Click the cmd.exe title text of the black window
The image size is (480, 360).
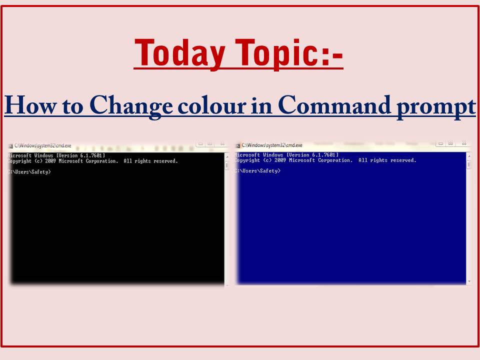[x=42, y=146]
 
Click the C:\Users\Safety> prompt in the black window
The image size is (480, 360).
[x=29, y=172]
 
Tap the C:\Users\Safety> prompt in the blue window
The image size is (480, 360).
[x=257, y=171]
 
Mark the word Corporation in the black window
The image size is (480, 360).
[x=102, y=161]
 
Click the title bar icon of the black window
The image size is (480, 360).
[x=10, y=146]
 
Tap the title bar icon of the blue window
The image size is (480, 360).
[x=238, y=145]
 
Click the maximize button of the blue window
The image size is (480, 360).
[x=450, y=143]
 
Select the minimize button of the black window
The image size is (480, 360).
[x=199, y=143]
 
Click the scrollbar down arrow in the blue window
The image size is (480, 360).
[x=468, y=282]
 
